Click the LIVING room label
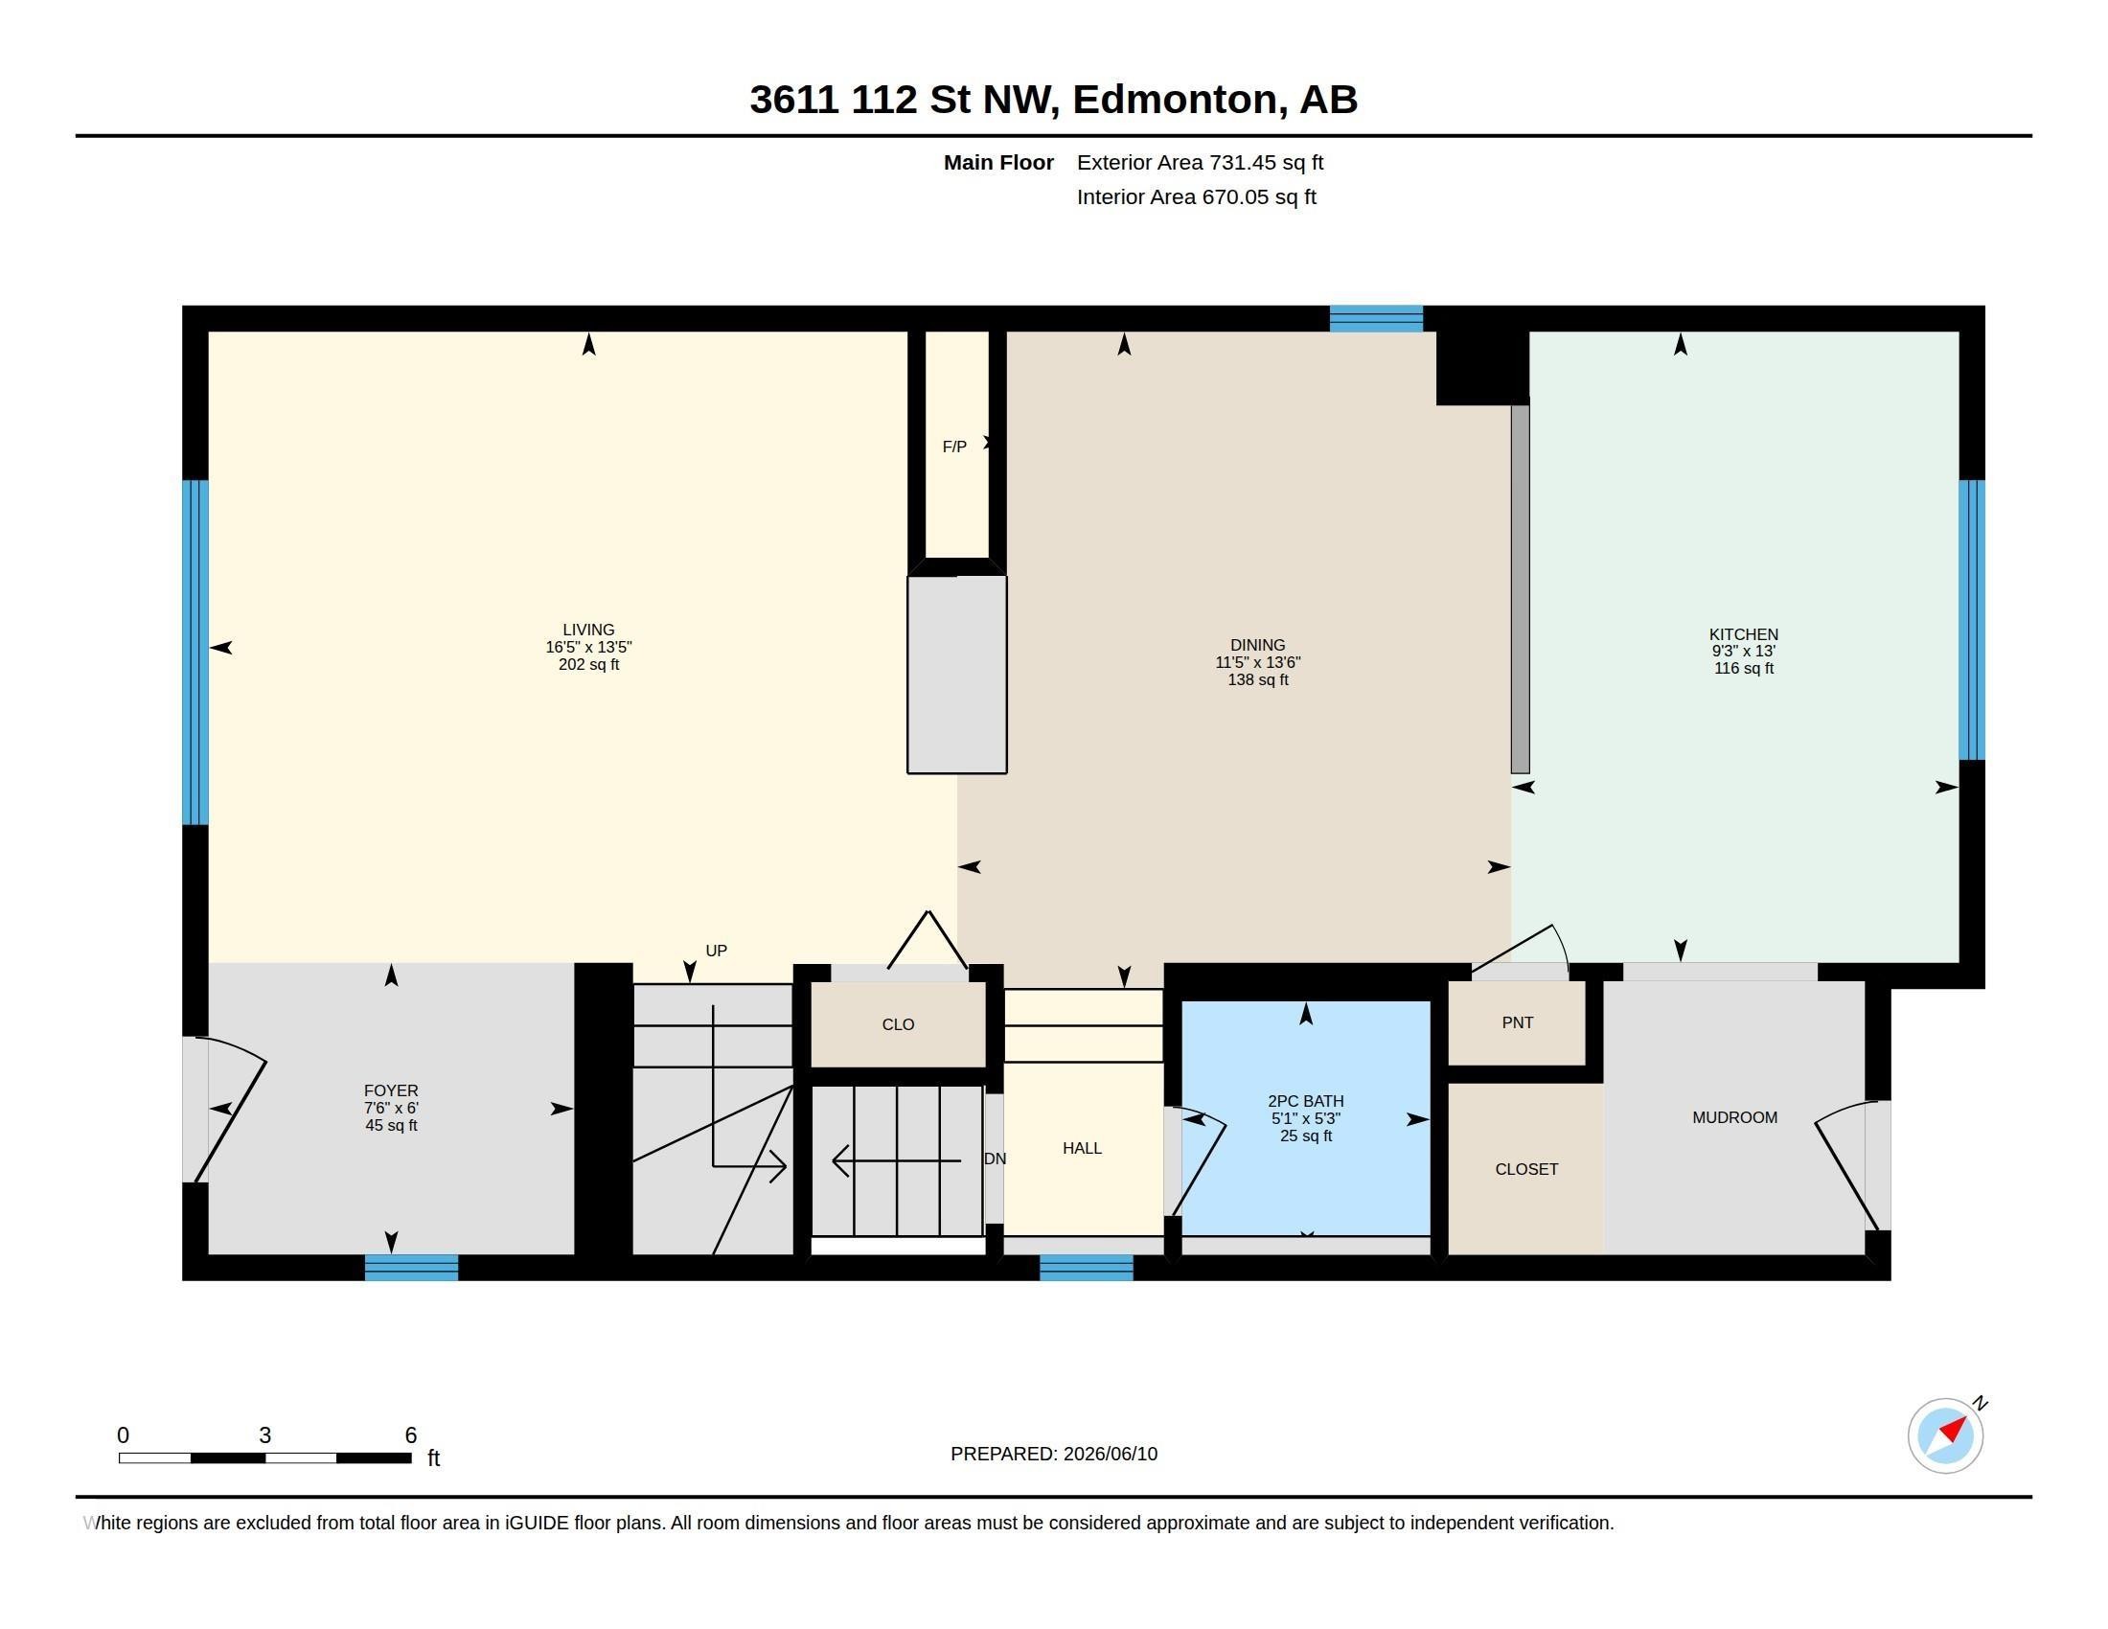pos(587,630)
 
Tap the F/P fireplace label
pos(954,447)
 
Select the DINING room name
pos(1258,645)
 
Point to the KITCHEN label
pos(1743,634)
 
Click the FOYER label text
pos(391,1090)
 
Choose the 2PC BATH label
pos(1305,1101)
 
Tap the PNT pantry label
pos(1518,1022)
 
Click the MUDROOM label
pos(1734,1117)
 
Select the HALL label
pos(1082,1147)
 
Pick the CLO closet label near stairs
pos(898,1024)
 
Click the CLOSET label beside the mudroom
pos(1526,1169)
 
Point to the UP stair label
pos(716,951)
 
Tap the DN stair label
pos(996,1159)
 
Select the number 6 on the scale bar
pos(410,1435)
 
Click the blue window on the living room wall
pos(195,653)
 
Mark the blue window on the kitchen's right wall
pos(1971,621)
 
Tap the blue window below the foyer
pos(411,1267)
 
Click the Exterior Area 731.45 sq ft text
pos(1200,162)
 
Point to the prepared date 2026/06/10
pos(1110,1454)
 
